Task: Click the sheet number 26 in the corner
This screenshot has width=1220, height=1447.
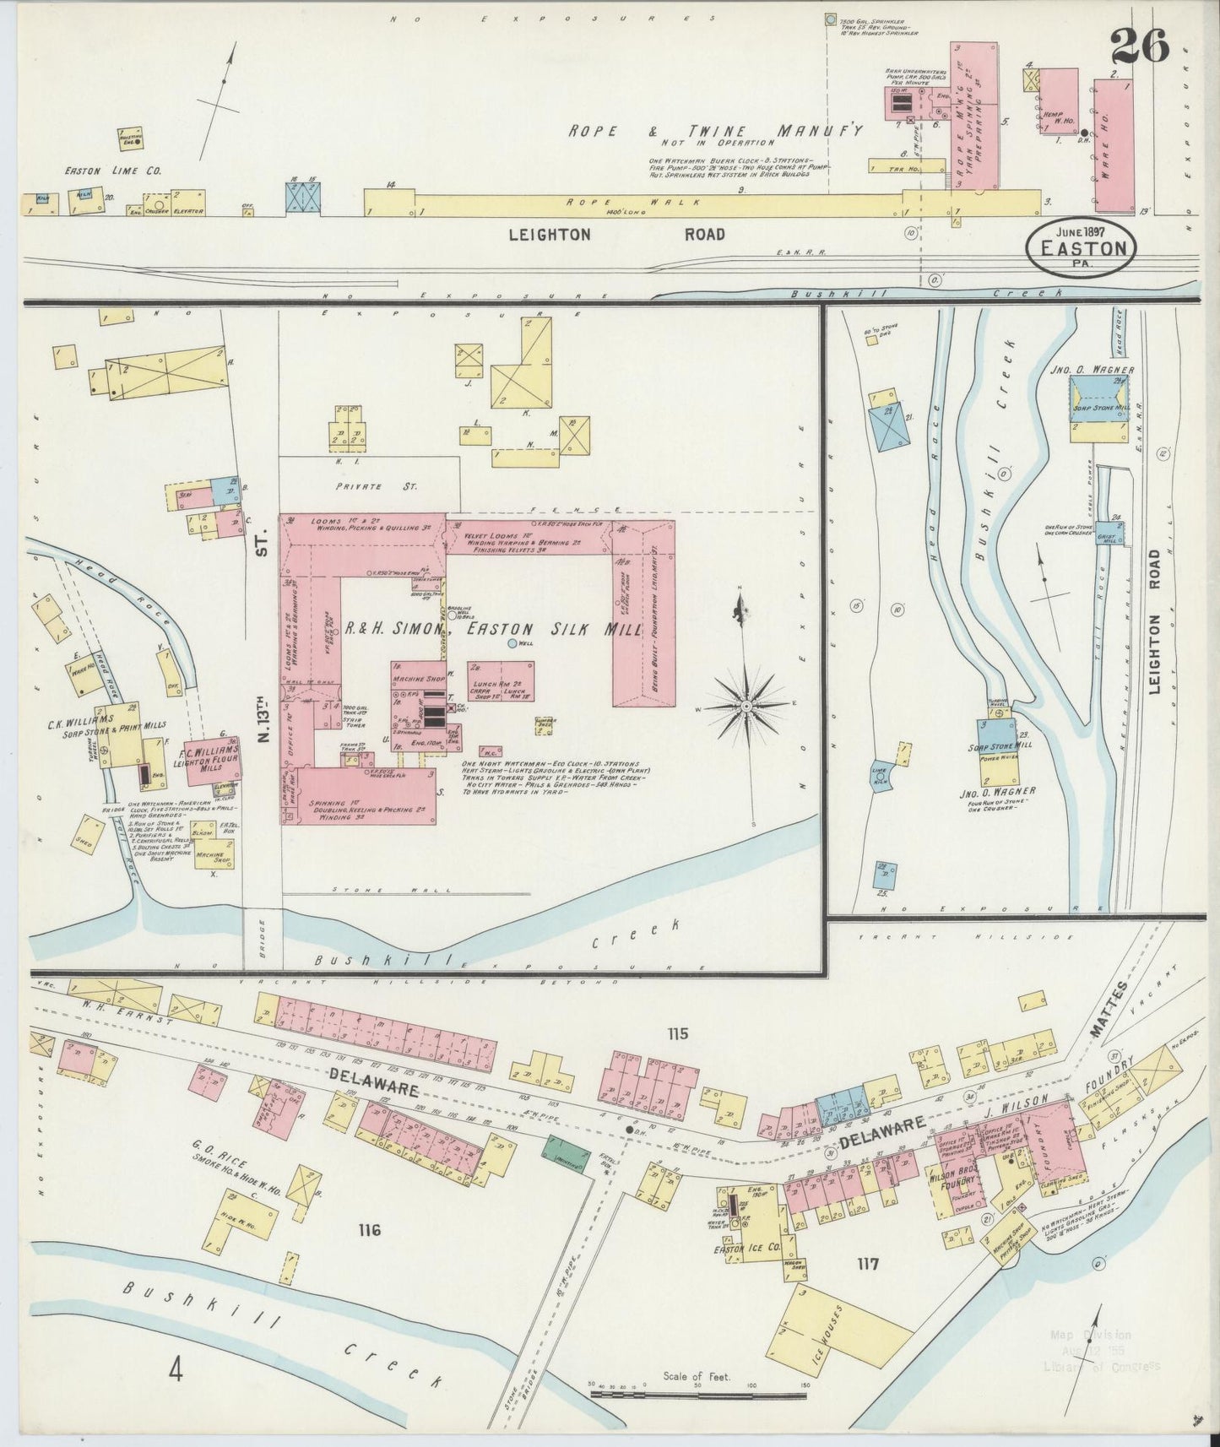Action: point(1139,46)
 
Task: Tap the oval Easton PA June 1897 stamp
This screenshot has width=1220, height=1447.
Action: point(1082,244)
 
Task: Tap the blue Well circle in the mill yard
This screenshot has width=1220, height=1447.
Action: point(512,645)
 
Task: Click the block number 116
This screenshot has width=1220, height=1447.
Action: point(368,1230)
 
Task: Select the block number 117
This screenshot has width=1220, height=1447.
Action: point(867,1264)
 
